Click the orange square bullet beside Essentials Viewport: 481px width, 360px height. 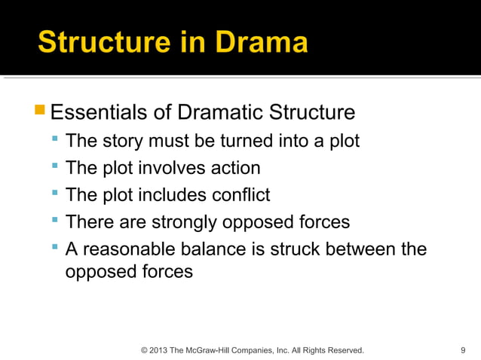coord(40,112)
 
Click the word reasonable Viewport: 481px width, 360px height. coord(136,249)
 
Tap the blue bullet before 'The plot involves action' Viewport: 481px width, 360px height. coord(56,167)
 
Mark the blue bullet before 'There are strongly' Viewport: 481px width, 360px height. coord(56,221)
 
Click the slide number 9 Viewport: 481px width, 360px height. coord(462,350)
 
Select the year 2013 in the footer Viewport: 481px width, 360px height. coord(159,350)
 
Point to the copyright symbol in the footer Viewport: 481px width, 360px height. coord(144,350)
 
